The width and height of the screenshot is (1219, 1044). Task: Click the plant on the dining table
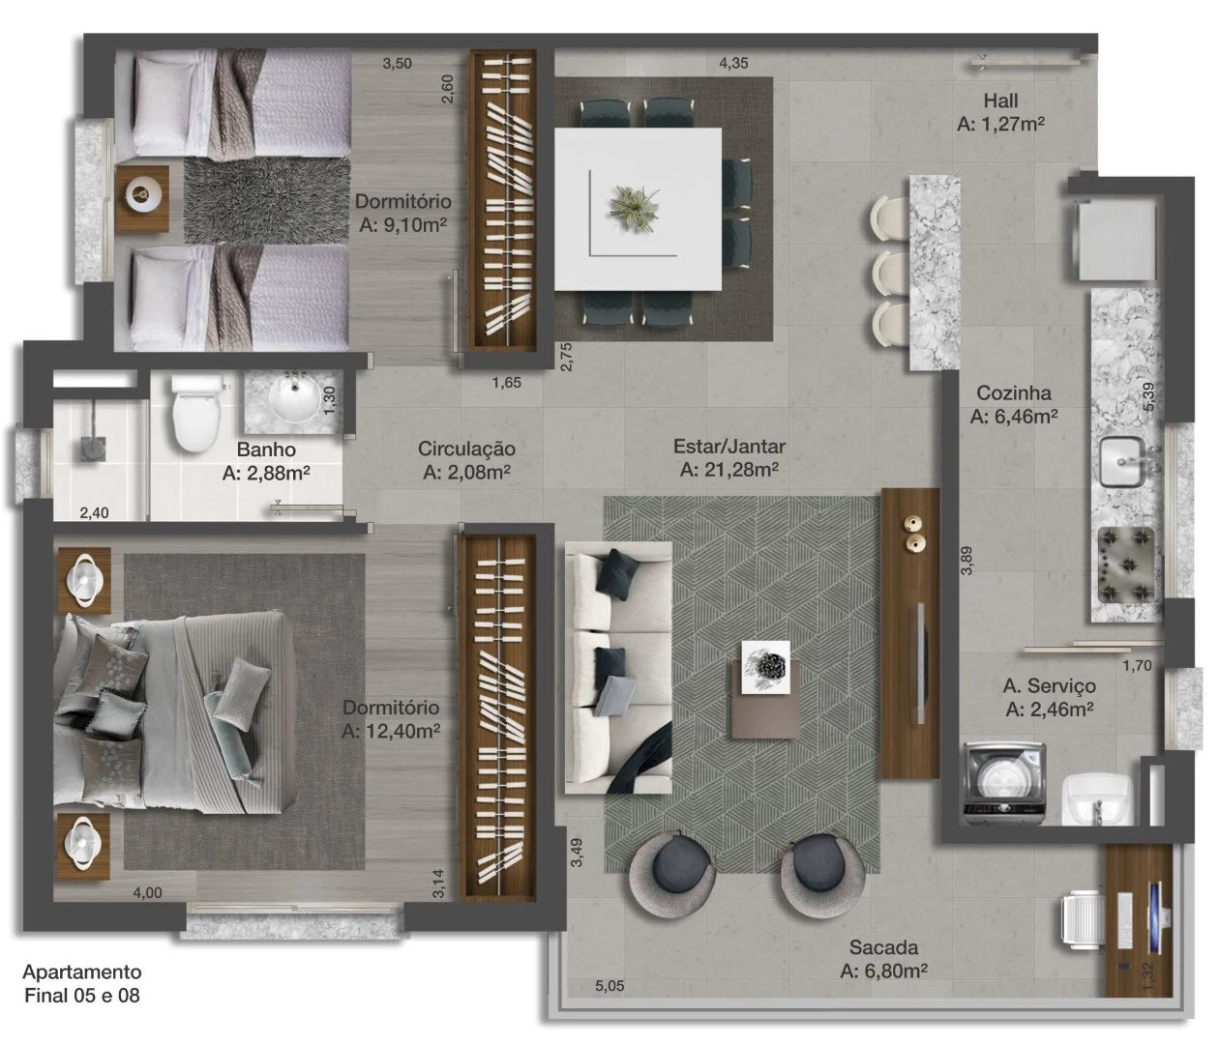635,208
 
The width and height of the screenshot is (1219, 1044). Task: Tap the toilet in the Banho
195,414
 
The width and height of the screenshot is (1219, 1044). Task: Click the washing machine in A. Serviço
1004,784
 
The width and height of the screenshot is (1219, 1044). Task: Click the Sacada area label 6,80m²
883,971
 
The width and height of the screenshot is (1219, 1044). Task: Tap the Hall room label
1000,101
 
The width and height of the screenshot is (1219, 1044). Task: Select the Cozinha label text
1013,393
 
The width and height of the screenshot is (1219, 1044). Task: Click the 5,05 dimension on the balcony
609,986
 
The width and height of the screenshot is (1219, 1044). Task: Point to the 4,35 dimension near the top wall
733,63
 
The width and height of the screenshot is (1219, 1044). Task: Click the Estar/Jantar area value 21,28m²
728,470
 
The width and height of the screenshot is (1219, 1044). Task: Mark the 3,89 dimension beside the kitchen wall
966,561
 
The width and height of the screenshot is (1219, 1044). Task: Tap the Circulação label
466,449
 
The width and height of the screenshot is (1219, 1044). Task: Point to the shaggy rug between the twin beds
267,201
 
